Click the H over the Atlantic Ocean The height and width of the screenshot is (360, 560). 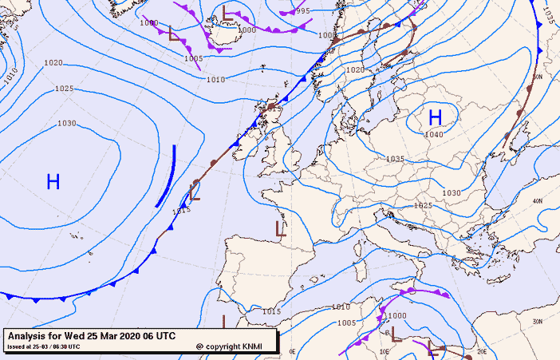(x=53, y=182)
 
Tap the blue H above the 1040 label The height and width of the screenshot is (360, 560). (x=435, y=118)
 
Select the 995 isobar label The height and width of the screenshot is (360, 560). (x=302, y=11)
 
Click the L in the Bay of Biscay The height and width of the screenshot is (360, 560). (x=280, y=229)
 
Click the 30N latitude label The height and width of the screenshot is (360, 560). (x=538, y=322)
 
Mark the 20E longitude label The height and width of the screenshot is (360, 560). (x=481, y=350)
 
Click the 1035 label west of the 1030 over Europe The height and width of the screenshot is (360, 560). (x=395, y=159)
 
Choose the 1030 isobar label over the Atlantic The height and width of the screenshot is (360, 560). (x=67, y=123)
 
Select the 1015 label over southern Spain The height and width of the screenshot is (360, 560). (x=271, y=311)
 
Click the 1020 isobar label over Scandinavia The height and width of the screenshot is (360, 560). (x=355, y=70)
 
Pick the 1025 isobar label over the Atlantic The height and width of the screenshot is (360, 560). (x=65, y=89)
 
